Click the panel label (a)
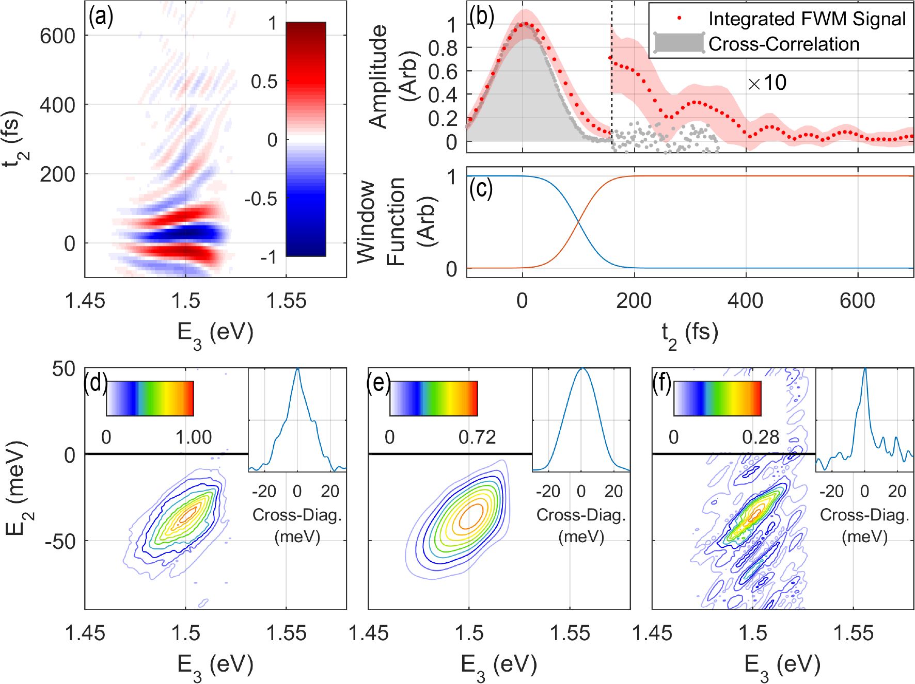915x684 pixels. point(101,18)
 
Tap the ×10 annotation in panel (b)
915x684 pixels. point(767,83)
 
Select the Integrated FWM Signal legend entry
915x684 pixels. point(807,19)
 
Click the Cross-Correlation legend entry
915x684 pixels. point(783,44)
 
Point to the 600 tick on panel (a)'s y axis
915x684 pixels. point(57,36)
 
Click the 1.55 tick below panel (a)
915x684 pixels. point(286,301)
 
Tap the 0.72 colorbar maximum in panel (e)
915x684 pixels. point(477,437)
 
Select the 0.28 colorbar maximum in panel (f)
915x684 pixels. point(760,437)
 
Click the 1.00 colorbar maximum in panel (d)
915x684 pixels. point(193,437)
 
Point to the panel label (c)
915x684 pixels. point(481,189)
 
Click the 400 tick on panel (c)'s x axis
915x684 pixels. point(746,301)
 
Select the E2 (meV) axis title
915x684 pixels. point(17,487)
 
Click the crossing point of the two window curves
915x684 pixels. point(578,222)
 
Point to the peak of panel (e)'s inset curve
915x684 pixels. point(581,368)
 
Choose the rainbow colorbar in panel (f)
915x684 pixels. point(717,399)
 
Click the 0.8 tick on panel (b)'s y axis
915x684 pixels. point(443,48)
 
